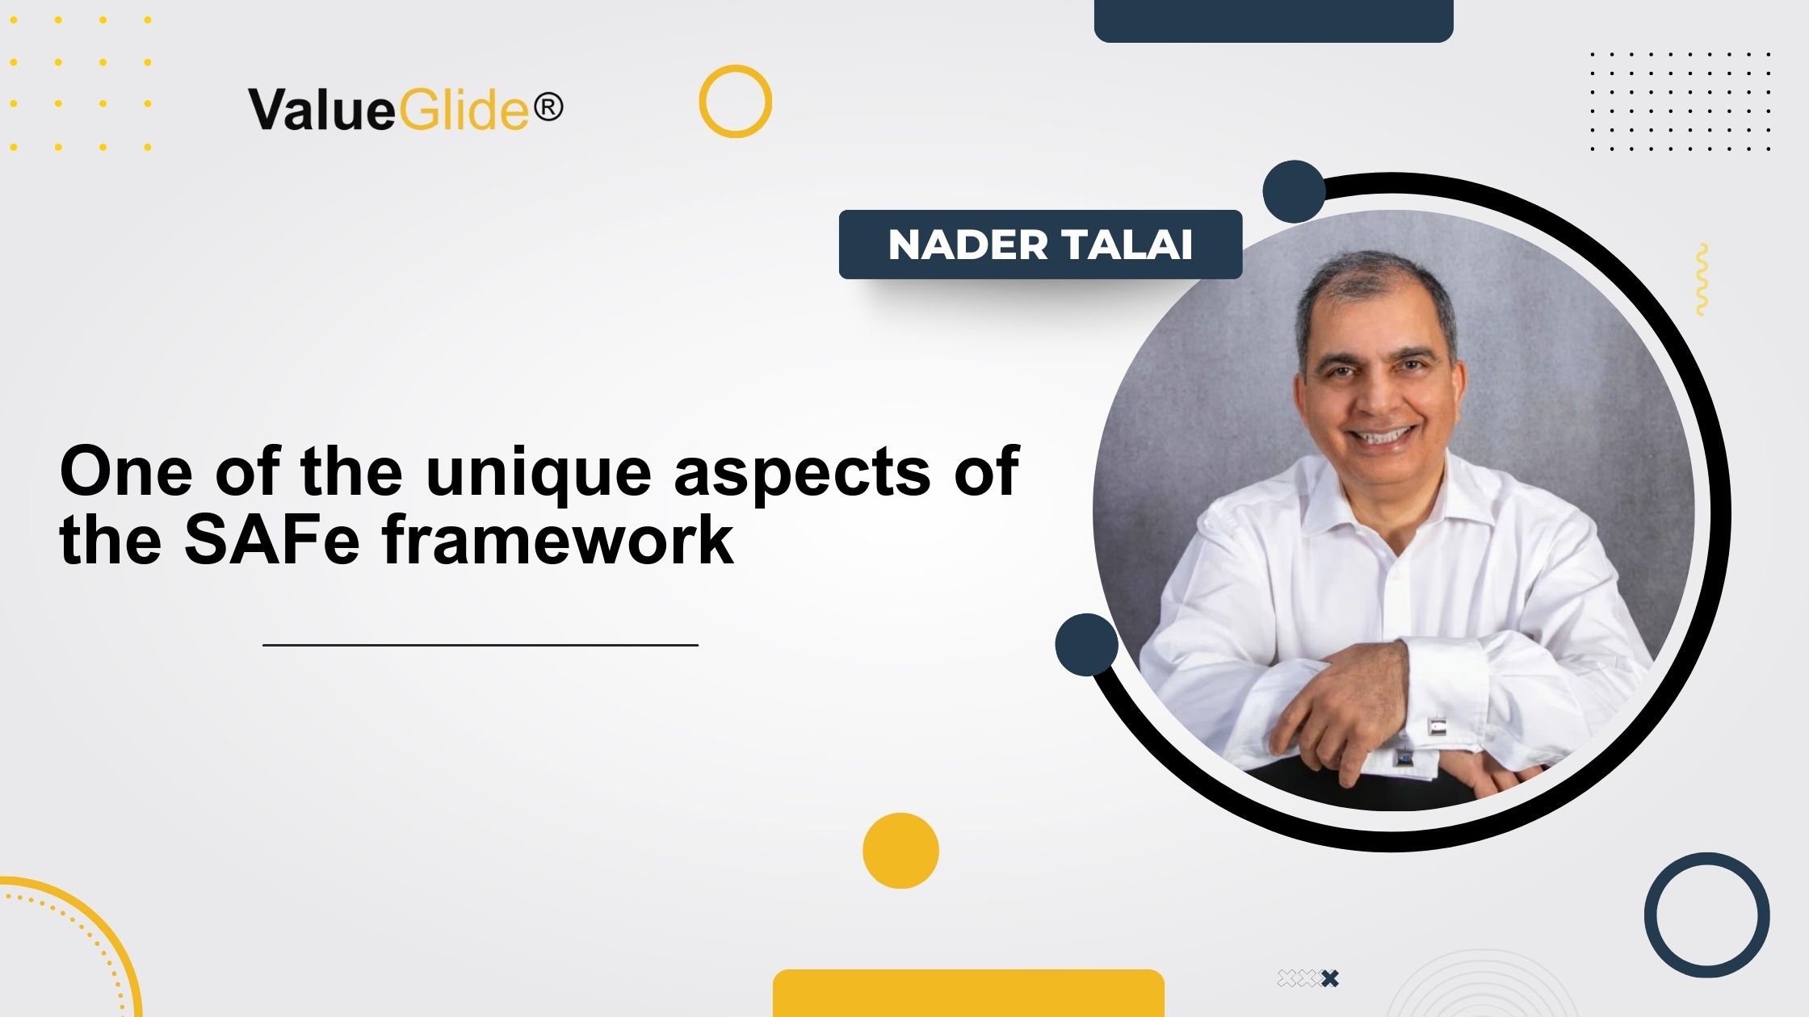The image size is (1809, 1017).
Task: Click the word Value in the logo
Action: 321,110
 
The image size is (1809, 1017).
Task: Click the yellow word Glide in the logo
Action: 464,110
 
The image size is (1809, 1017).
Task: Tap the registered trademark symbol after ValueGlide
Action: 548,107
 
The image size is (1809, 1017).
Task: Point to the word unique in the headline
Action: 538,472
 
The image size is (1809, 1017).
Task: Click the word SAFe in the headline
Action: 271,540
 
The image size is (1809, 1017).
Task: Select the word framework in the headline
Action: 557,540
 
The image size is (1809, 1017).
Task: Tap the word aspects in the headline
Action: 801,472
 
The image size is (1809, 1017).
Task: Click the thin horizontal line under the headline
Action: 480,645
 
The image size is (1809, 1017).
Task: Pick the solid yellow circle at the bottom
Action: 900,851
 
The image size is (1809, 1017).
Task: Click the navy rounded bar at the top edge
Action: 1273,19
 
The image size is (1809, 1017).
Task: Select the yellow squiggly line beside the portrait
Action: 1702,279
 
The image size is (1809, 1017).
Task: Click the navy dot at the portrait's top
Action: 1294,191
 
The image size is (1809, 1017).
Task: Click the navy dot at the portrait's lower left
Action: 1086,644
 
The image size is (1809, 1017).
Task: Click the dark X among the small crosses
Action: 1330,978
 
